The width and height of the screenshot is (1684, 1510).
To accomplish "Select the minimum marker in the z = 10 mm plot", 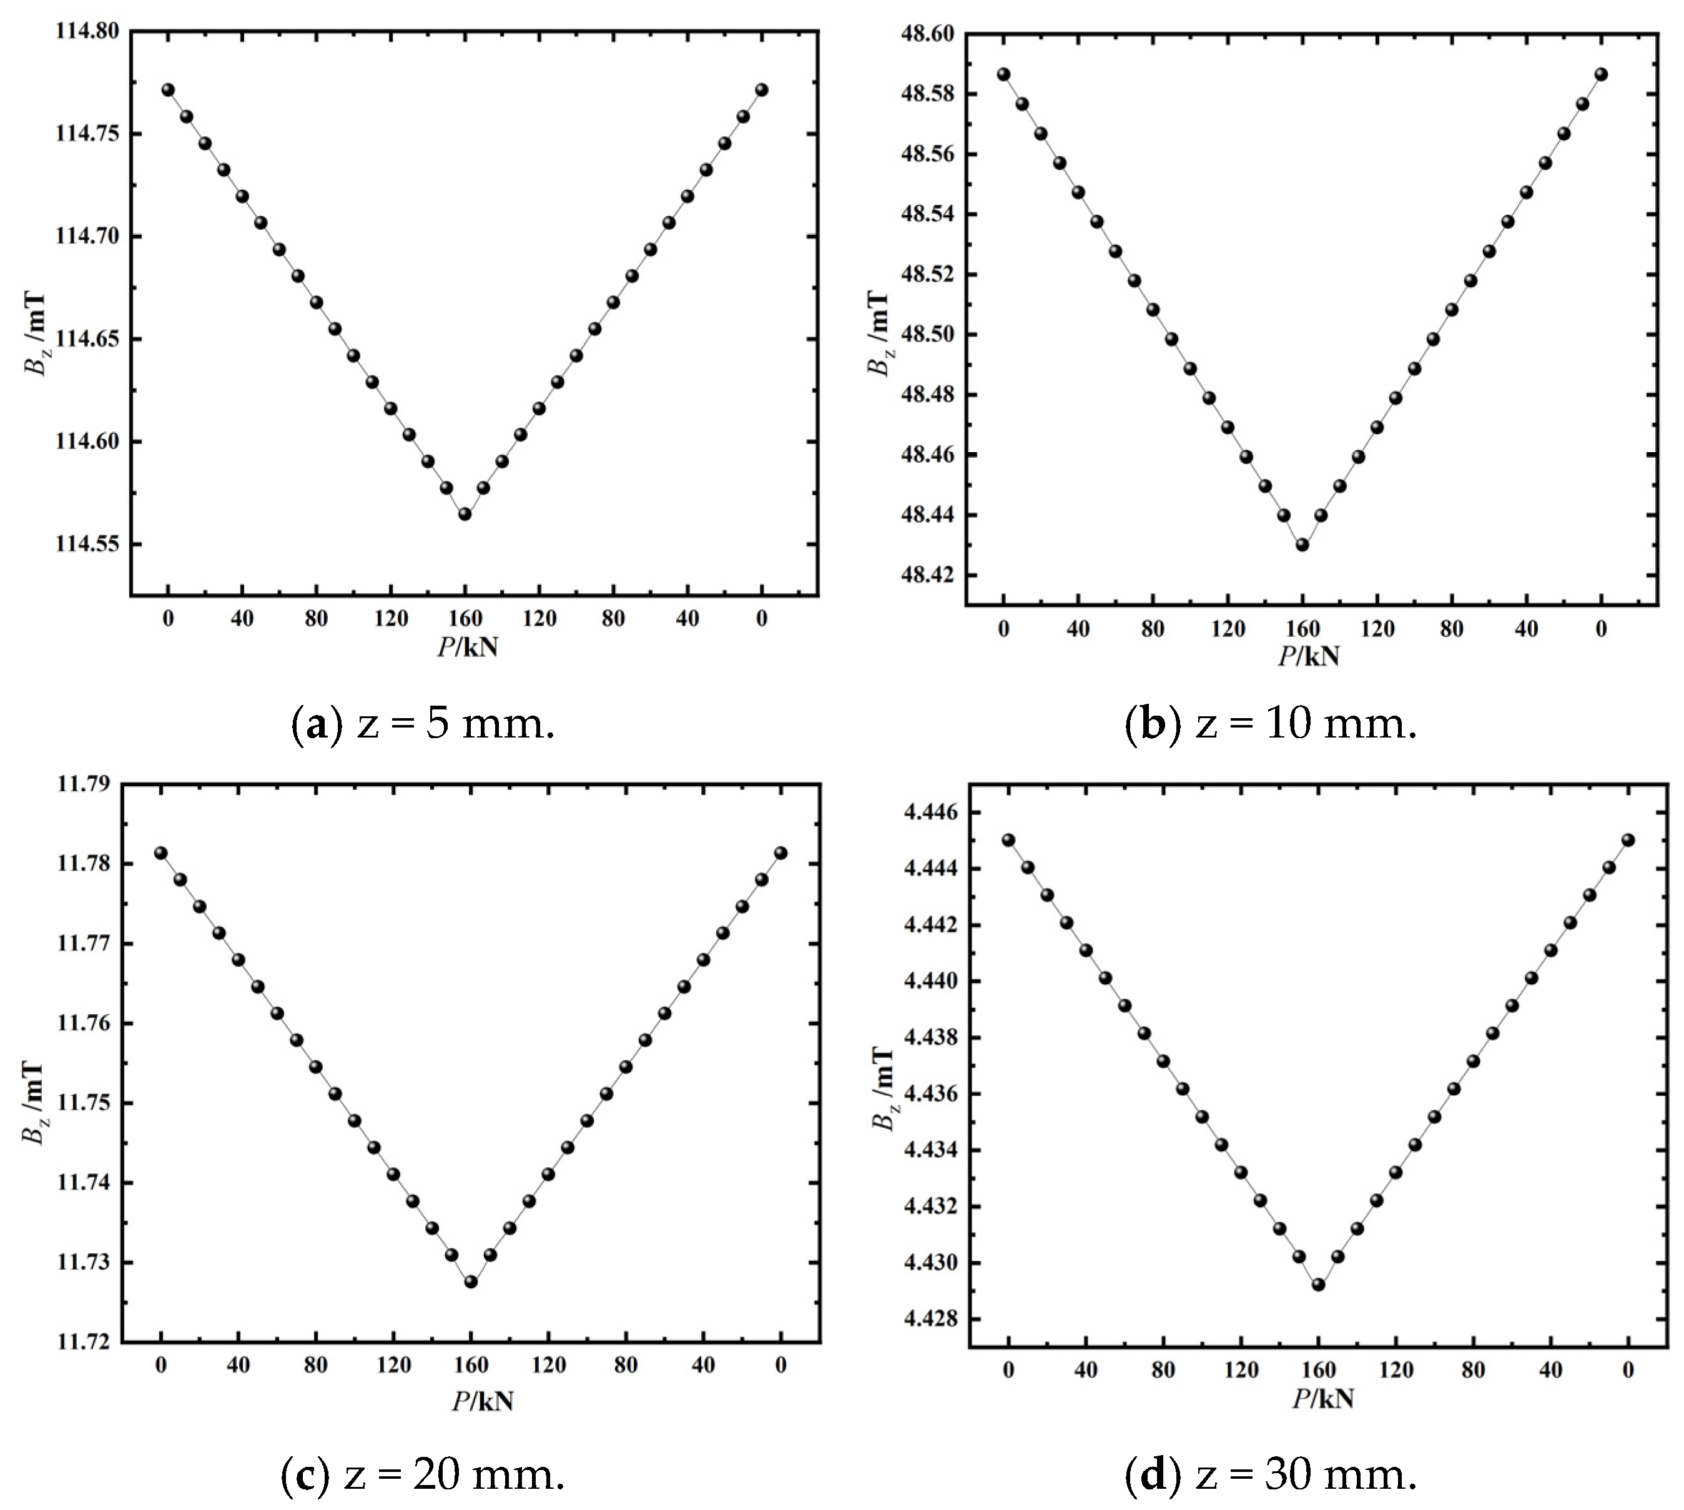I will [1302, 545].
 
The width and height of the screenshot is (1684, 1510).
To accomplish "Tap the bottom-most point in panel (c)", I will [470, 1282].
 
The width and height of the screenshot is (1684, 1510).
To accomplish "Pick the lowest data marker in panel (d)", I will [1318, 1285].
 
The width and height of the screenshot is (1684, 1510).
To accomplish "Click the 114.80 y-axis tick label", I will [87, 31].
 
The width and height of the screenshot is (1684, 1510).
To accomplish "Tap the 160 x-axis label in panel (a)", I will [465, 619].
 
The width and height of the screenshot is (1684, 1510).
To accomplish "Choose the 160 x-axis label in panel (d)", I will [1318, 1371].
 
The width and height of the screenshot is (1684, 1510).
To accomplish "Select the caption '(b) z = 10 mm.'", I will [1271, 724].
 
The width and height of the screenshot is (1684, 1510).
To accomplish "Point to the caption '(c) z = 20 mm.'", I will [423, 1475].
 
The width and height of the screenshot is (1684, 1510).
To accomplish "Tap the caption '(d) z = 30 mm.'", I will [1271, 1475].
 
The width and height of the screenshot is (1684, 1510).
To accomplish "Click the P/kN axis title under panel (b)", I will [1308, 656].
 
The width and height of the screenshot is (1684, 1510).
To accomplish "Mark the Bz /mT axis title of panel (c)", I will [36, 1102].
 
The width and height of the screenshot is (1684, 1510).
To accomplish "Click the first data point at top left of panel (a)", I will [167, 89].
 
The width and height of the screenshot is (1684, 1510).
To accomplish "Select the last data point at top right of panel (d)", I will [1628, 840].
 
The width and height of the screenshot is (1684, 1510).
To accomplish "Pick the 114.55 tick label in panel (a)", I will [87, 545].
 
